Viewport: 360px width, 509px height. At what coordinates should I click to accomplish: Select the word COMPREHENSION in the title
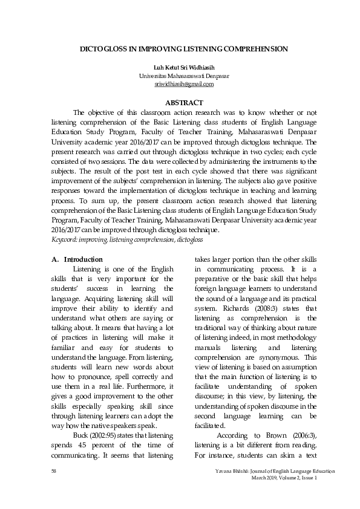[x=252, y=48]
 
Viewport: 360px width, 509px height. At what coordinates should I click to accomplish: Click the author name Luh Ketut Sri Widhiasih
[x=180, y=68]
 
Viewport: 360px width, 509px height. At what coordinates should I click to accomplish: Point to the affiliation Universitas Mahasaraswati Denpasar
[x=180, y=76]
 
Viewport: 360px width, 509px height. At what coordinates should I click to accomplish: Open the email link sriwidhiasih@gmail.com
[x=180, y=85]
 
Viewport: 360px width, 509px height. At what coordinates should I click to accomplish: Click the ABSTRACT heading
[x=180, y=103]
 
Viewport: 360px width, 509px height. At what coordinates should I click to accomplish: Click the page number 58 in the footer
[x=54, y=471]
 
